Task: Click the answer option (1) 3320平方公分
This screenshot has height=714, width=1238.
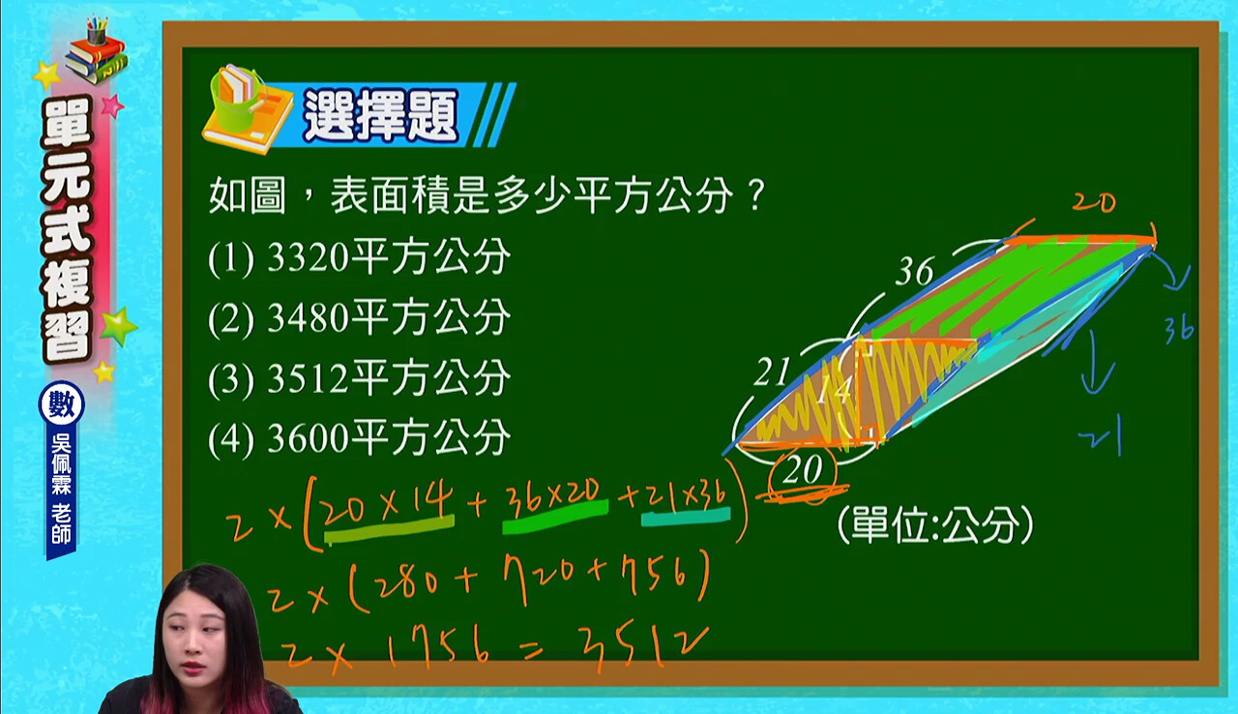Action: (x=359, y=257)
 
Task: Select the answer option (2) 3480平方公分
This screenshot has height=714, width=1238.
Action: (x=359, y=317)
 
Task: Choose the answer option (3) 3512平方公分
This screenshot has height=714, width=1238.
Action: (x=359, y=377)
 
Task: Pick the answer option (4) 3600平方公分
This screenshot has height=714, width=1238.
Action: (x=359, y=437)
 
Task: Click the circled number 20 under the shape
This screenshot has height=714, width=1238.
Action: (x=803, y=471)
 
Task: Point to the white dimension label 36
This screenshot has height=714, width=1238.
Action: (x=915, y=271)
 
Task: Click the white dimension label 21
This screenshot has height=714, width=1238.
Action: (x=772, y=372)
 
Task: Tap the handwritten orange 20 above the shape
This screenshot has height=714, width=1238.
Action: (x=1094, y=202)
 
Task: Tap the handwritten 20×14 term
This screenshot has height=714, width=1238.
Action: (x=387, y=507)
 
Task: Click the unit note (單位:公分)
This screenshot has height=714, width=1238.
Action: (x=935, y=525)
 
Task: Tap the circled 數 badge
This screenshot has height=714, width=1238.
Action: (x=61, y=403)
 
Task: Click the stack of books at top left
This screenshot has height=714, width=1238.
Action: (x=98, y=52)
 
